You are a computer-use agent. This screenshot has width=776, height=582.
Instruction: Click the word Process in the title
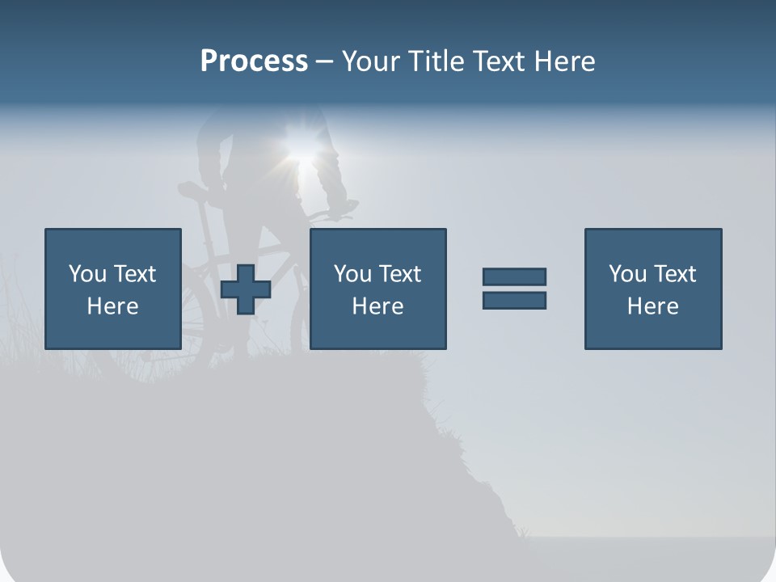pyautogui.click(x=254, y=61)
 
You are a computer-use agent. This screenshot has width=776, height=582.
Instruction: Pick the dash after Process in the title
pyautogui.click(x=324, y=62)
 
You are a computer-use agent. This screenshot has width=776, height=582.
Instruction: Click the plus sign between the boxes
pyautogui.click(x=246, y=289)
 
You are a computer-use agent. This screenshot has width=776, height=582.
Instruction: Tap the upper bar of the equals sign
pyautogui.click(x=514, y=276)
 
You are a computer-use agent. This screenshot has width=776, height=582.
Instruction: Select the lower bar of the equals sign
pyautogui.click(x=514, y=300)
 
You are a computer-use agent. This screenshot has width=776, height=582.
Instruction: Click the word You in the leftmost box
pyautogui.click(x=87, y=274)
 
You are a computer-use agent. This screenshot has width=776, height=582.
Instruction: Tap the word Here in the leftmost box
pyautogui.click(x=113, y=306)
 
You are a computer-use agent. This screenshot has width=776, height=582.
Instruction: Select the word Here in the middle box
pyautogui.click(x=377, y=306)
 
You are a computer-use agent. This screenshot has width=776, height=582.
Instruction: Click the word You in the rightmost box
pyautogui.click(x=627, y=274)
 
